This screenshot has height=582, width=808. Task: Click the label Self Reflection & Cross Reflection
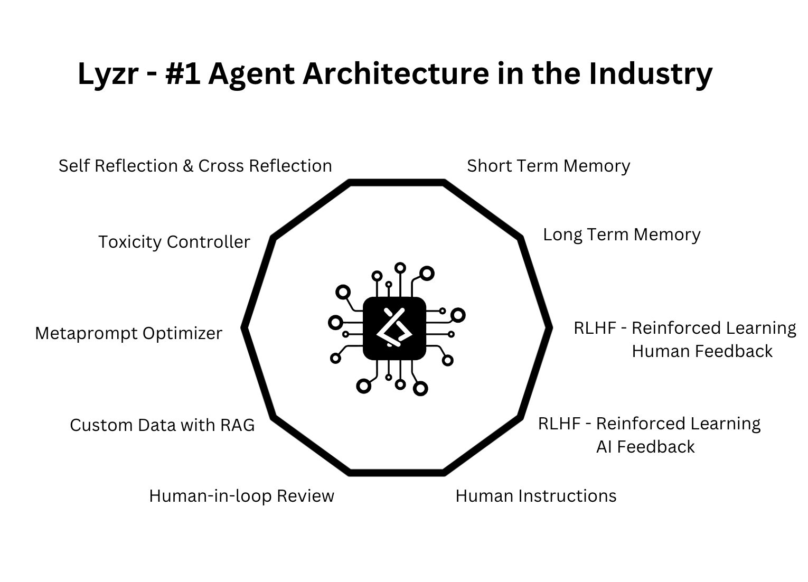tap(195, 166)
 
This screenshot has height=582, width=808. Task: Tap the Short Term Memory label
tap(548, 166)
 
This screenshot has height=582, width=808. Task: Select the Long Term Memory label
tap(622, 234)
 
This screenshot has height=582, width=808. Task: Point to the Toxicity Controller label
tap(174, 242)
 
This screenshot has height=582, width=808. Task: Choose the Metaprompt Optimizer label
tap(128, 333)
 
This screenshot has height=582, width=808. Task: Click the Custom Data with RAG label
tap(162, 425)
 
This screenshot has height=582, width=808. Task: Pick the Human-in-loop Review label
tap(241, 496)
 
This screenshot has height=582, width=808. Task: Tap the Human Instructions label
tap(535, 496)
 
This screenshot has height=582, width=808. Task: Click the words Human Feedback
tap(702, 351)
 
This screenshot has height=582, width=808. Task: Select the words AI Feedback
tap(645, 447)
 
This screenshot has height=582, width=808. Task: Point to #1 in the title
tap(182, 73)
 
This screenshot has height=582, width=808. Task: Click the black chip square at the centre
tap(394, 328)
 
